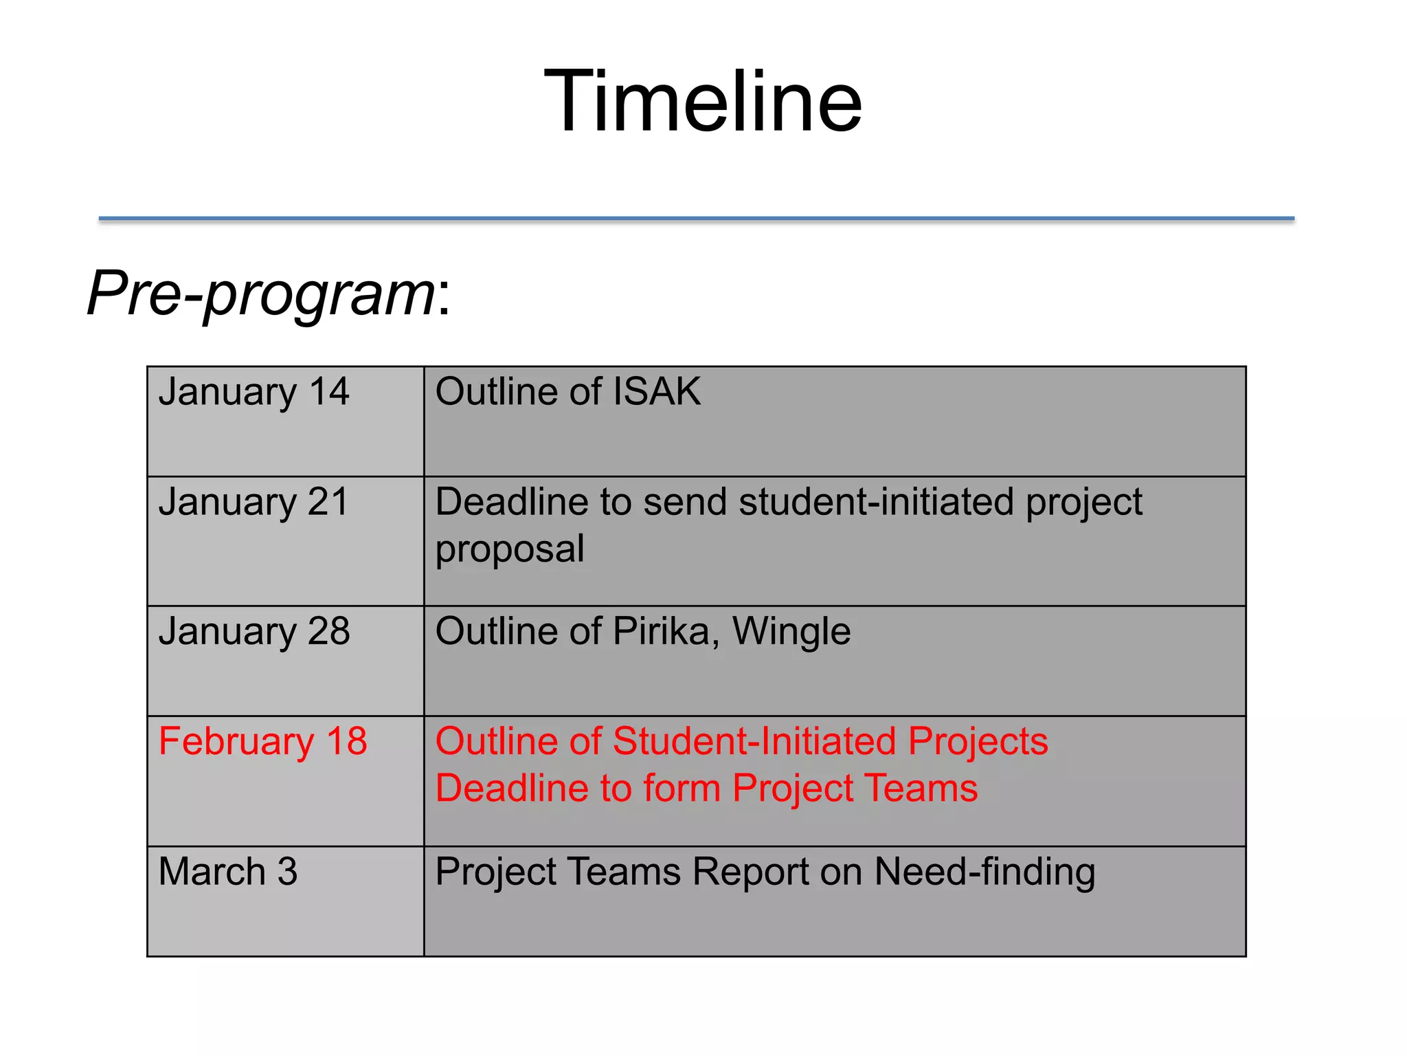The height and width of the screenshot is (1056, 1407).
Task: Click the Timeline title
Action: [703, 102]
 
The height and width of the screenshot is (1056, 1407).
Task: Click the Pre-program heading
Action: [269, 294]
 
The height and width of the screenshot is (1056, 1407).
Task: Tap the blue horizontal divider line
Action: [696, 219]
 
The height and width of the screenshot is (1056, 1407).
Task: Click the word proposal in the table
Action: [510, 549]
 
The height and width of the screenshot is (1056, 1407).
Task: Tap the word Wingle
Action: [791, 631]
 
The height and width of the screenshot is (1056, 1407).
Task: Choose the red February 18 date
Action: [262, 742]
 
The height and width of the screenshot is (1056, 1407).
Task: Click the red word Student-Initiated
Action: [754, 742]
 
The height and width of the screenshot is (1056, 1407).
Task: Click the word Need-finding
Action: [984, 872]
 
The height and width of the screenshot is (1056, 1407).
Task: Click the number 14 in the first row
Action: [328, 392]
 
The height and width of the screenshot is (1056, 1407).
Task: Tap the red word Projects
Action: [978, 742]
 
